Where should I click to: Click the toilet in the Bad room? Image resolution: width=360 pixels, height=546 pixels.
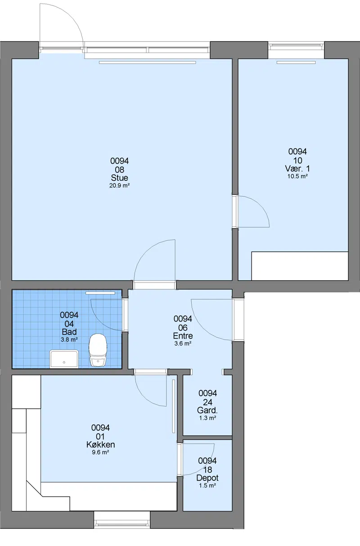(x=98, y=350)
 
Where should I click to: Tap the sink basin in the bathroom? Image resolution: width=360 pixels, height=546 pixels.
(x=64, y=359)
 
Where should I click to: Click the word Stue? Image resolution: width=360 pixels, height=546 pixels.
(x=119, y=178)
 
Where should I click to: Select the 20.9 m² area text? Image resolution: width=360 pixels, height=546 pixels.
(x=119, y=185)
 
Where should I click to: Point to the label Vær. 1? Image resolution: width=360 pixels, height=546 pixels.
(x=297, y=168)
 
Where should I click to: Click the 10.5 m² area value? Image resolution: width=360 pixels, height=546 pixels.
(x=297, y=176)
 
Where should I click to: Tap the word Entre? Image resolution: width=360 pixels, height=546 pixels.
(x=183, y=336)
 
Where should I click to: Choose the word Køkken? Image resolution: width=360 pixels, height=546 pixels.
(x=100, y=445)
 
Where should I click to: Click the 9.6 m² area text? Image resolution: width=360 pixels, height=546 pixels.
(x=100, y=452)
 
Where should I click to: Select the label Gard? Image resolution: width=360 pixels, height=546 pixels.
(x=207, y=410)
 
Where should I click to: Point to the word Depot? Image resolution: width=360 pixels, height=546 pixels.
(x=207, y=478)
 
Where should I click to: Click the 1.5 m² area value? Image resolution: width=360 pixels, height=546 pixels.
(x=207, y=486)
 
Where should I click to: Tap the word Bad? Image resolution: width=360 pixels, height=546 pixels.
(x=69, y=332)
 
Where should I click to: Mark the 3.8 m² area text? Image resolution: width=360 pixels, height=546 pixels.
(x=69, y=340)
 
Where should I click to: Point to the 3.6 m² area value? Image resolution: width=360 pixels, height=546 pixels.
(x=183, y=344)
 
